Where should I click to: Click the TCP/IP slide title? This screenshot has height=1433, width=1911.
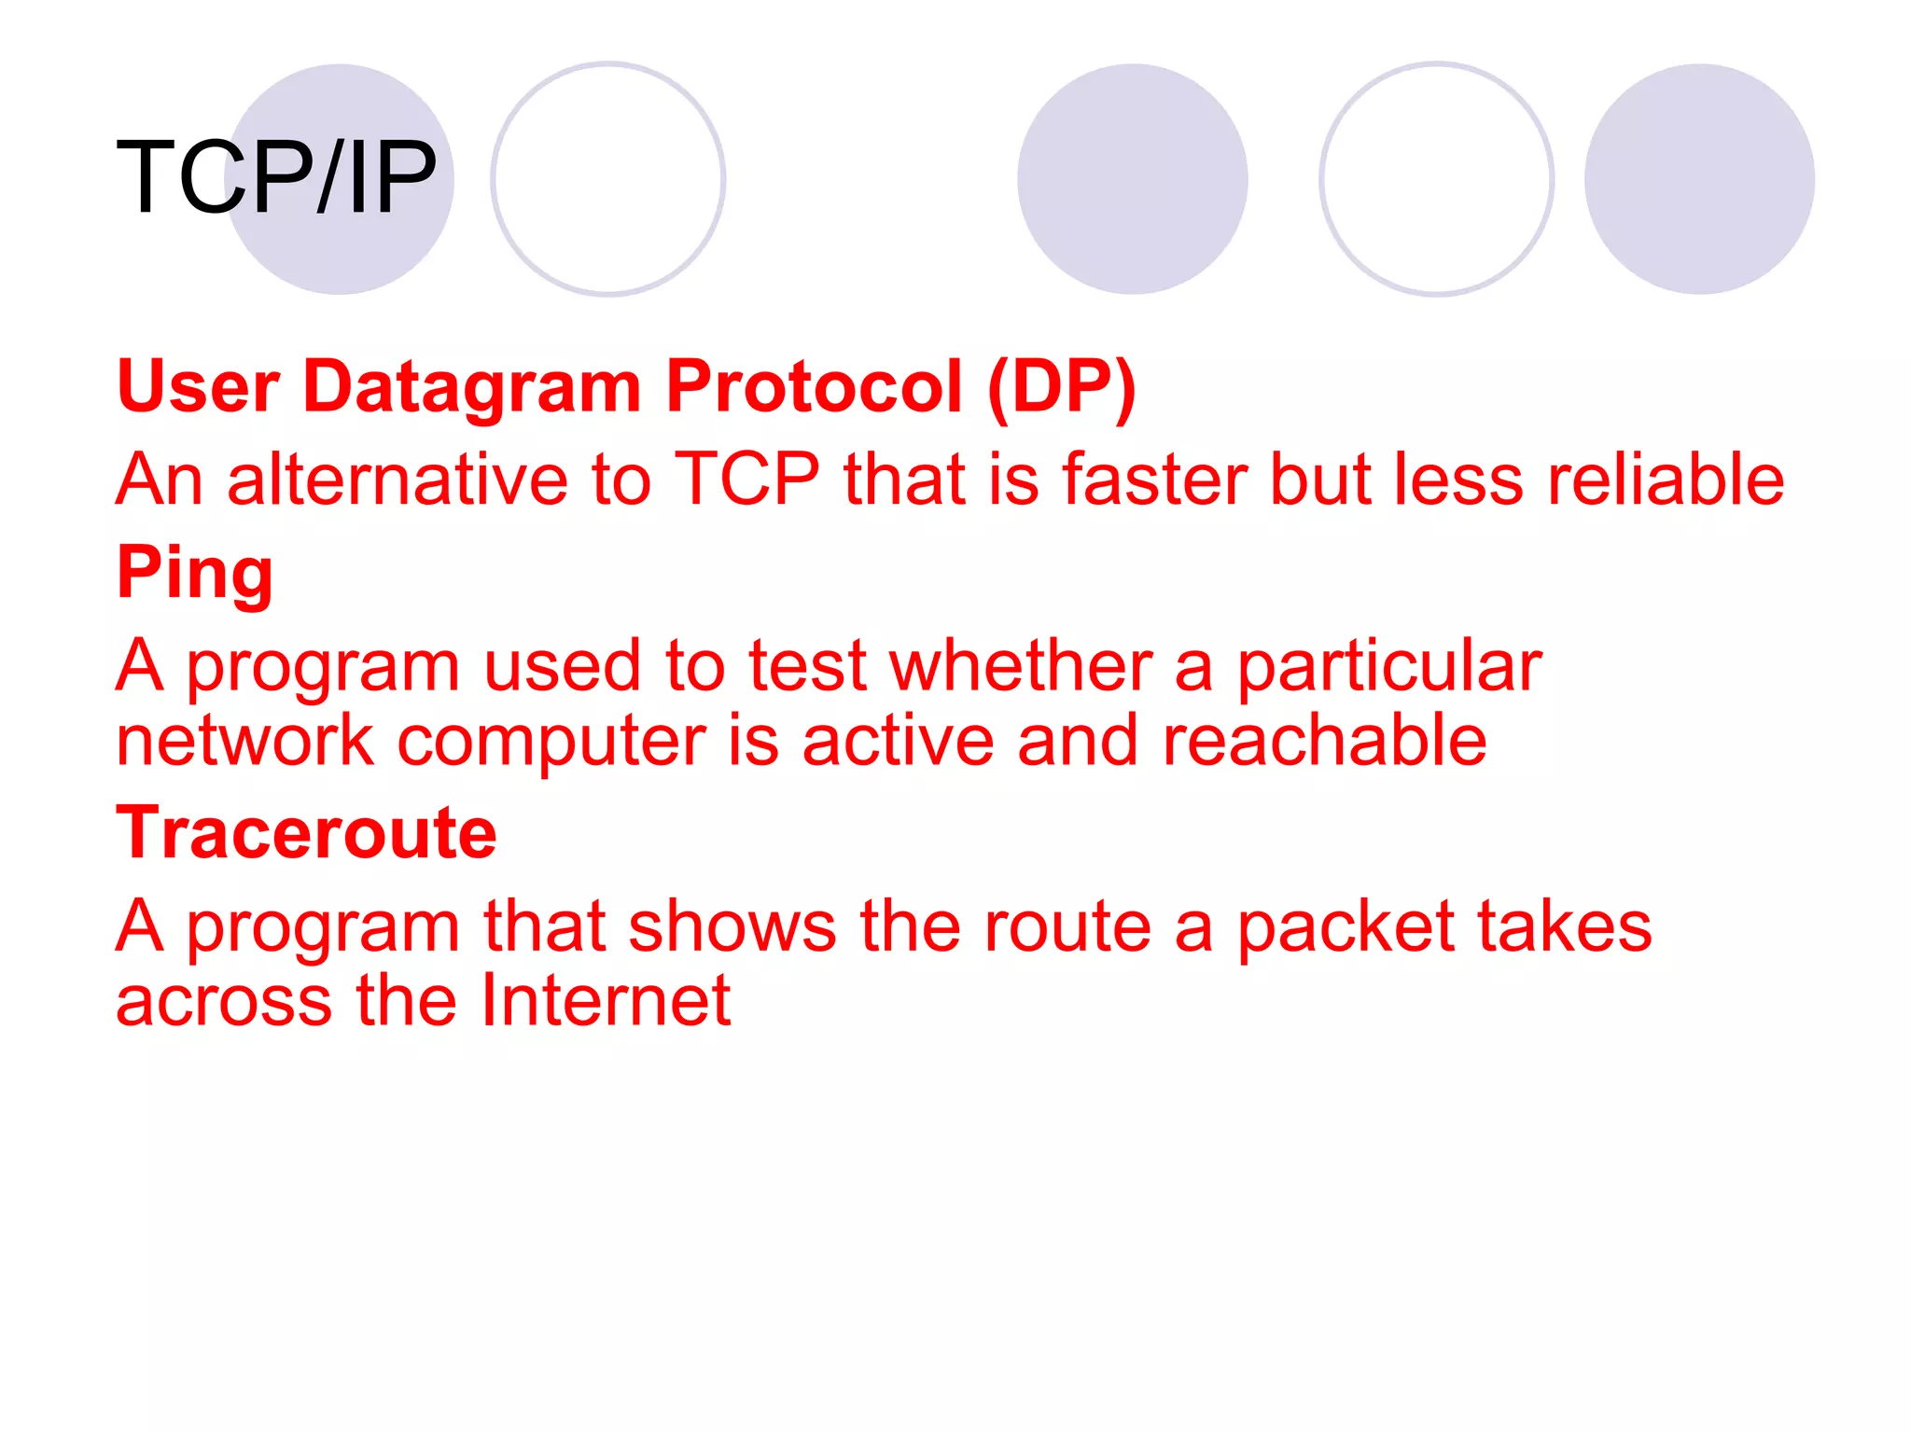pos(276,177)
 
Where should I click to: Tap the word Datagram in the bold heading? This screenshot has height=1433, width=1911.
pos(472,386)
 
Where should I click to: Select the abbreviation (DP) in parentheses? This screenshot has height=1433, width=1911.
pos(1061,386)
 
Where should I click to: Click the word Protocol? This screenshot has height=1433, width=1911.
pos(813,386)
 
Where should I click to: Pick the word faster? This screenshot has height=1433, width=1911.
pos(1154,480)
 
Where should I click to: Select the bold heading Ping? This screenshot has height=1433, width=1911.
pos(195,573)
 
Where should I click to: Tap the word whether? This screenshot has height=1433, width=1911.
pos(1021,666)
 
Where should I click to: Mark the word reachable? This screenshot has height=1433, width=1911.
pos(1324,741)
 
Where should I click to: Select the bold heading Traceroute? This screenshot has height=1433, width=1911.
pos(306,832)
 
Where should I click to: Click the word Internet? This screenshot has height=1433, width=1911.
pos(606,1000)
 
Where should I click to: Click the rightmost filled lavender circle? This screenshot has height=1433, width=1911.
pos(1698,179)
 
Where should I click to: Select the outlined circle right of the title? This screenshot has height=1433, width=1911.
pos(607,179)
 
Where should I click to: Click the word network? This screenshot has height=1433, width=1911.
pos(244,741)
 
